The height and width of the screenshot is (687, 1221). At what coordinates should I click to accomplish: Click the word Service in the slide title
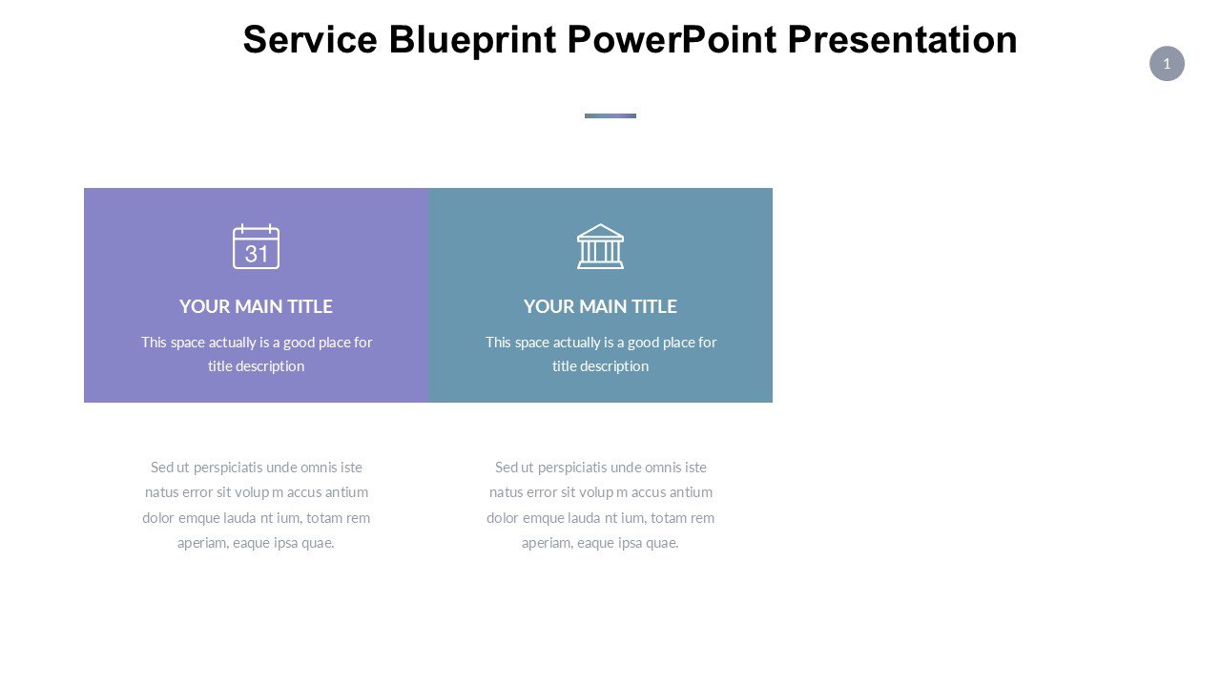(x=310, y=39)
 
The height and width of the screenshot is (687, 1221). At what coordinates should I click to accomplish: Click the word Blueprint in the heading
(x=472, y=41)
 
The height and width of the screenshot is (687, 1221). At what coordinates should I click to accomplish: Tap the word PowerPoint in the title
(x=672, y=39)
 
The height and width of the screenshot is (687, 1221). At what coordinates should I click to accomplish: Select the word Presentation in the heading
(x=902, y=39)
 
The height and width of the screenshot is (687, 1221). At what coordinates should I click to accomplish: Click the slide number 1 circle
(x=1167, y=64)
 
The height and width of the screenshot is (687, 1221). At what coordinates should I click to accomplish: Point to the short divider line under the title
(x=610, y=115)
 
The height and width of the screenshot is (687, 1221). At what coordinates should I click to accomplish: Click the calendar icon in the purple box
(x=257, y=246)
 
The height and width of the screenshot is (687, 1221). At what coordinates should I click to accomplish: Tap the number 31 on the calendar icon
(x=257, y=254)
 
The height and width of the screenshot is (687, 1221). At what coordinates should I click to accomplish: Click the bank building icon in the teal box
(x=600, y=246)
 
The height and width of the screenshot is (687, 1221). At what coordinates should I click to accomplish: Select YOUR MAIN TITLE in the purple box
(x=257, y=306)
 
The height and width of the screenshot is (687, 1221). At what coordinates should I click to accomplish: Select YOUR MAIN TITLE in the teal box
(x=600, y=306)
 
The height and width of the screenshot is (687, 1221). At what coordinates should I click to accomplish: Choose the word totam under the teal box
(x=670, y=518)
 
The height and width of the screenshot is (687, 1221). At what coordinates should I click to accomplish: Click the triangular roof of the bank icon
(x=600, y=232)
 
